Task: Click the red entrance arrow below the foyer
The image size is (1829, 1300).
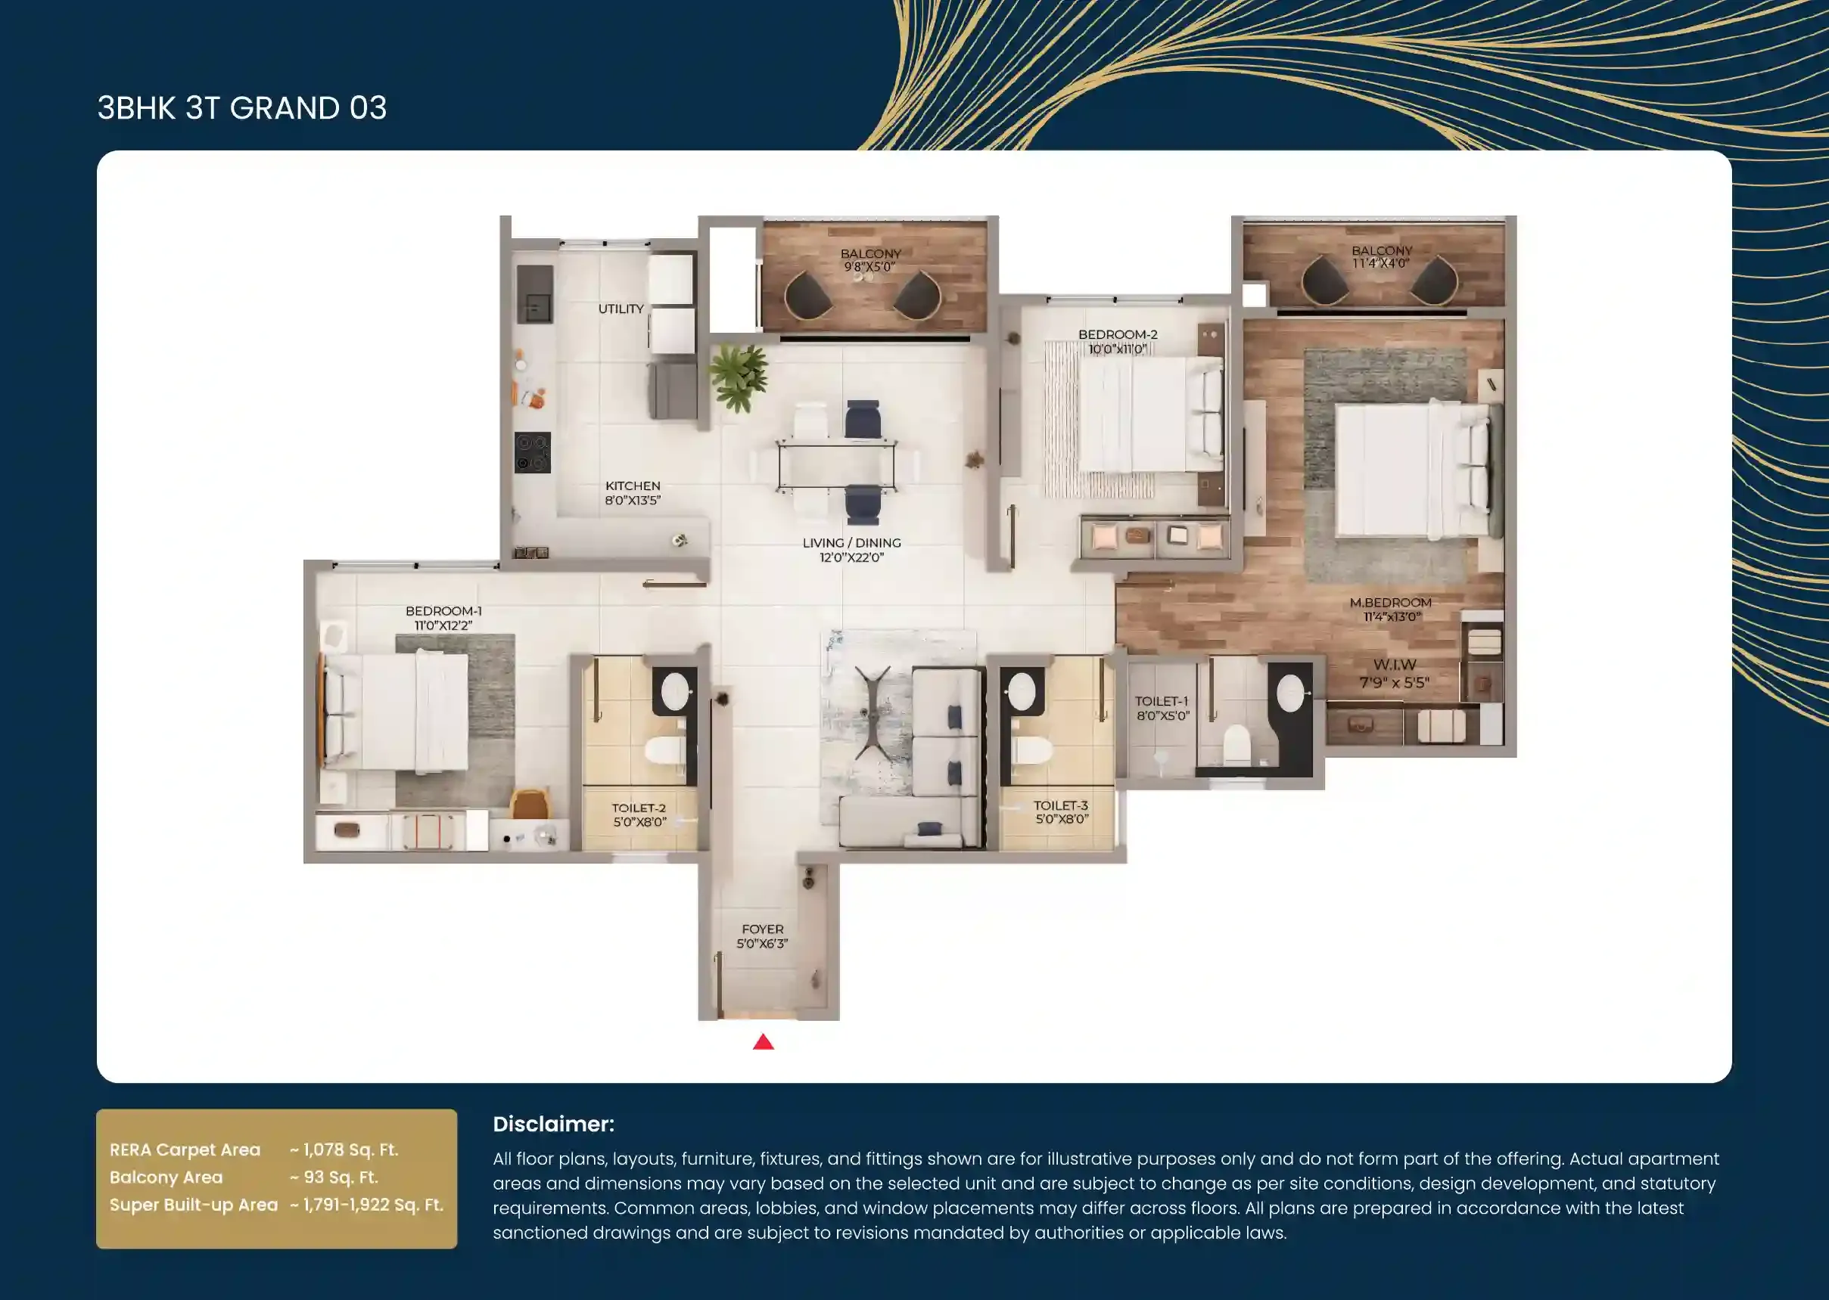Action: (763, 1041)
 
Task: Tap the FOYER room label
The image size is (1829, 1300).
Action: (762, 929)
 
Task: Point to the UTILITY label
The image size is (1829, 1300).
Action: (621, 309)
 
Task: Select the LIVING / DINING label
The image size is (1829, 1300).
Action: (852, 543)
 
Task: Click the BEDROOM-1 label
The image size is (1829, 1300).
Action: (443, 612)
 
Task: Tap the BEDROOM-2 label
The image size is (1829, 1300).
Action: (1118, 334)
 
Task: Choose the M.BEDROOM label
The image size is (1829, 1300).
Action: (1391, 603)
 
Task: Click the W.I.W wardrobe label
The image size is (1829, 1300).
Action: (1395, 665)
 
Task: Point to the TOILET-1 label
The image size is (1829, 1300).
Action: (1162, 701)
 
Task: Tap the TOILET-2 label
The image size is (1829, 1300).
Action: (639, 808)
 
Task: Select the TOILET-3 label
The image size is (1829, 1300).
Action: (1061, 805)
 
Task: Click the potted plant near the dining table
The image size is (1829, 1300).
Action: (739, 377)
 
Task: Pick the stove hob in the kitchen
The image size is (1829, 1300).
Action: (533, 452)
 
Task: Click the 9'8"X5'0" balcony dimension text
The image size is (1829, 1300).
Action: (869, 266)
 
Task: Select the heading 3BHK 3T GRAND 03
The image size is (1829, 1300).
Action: (242, 108)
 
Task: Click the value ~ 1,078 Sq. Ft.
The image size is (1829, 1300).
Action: (344, 1150)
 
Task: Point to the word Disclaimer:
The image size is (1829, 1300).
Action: (553, 1124)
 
